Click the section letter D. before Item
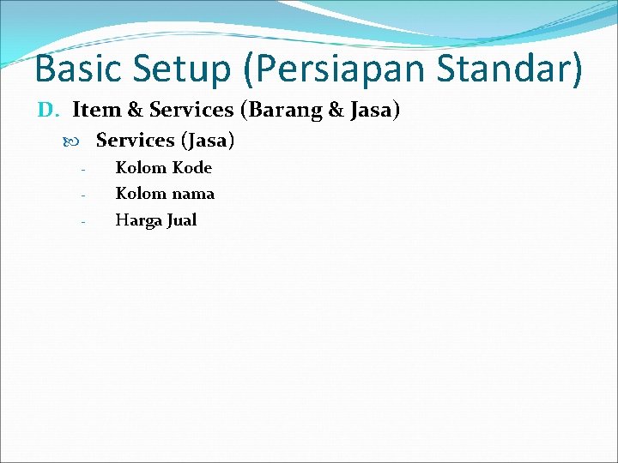coord(48,110)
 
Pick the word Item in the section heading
coord(96,110)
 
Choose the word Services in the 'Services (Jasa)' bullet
coord(136,139)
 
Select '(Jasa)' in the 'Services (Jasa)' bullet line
coord(207,139)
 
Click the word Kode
coord(191,167)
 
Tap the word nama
coord(193,194)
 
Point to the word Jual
coord(181,220)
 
